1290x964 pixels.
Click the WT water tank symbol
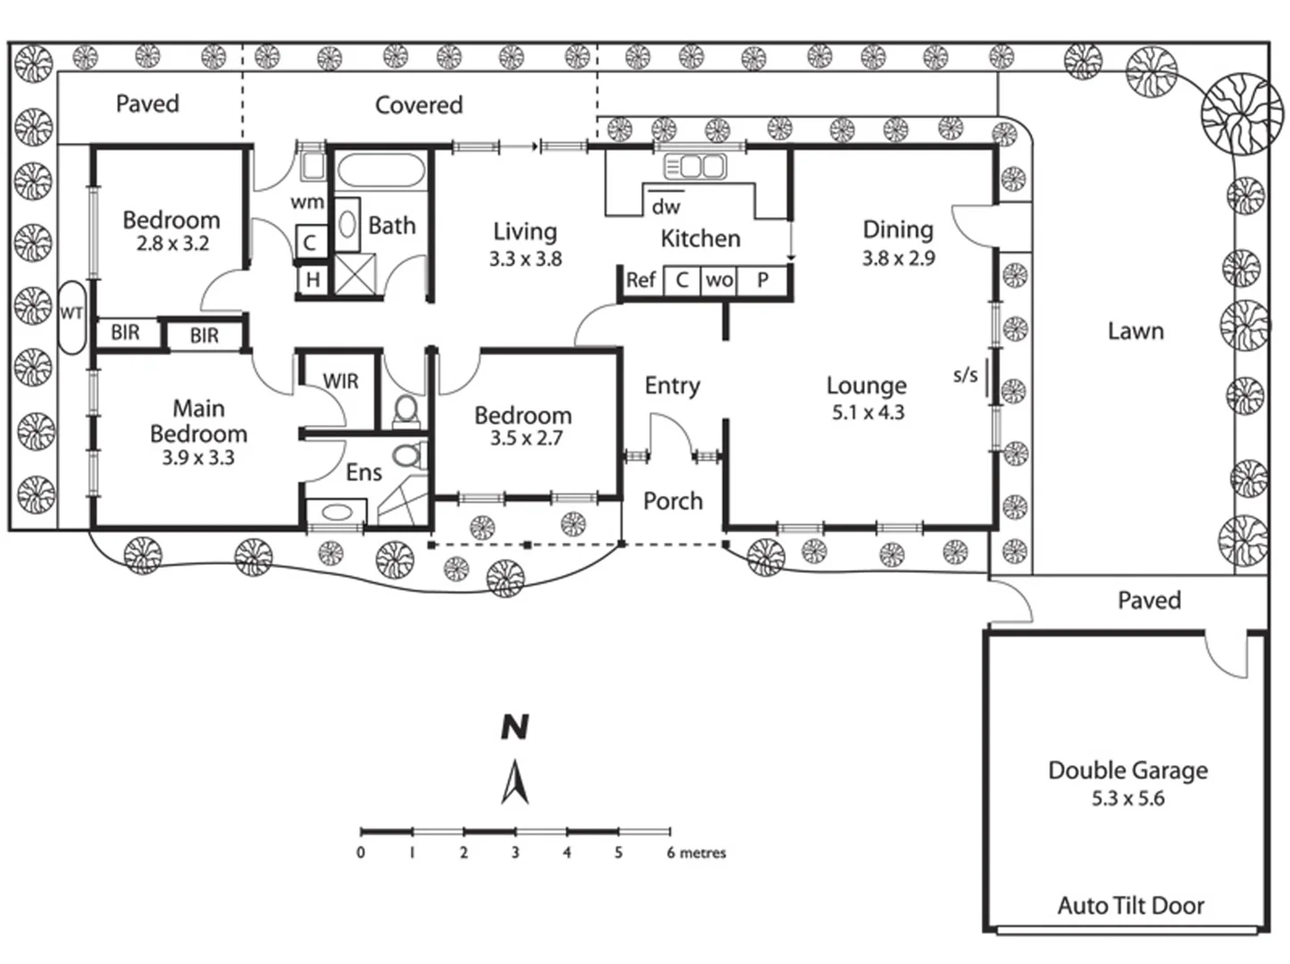pos(72,317)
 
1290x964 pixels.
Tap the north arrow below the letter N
pos(515,781)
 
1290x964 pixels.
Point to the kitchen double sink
pos(695,167)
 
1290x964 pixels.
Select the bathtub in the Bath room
pos(381,170)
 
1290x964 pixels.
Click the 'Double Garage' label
pos(1128,770)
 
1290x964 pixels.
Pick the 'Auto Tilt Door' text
pos(1131,907)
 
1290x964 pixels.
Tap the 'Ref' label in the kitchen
pos(641,280)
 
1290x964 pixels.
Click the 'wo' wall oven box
pos(719,280)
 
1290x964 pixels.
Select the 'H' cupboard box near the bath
pos(312,279)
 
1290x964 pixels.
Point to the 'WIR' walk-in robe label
pos(340,381)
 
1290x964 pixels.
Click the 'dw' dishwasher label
pos(666,207)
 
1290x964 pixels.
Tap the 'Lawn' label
pos(1136,331)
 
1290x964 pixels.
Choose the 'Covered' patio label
pos(419,105)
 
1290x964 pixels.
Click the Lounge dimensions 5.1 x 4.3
pos(868,412)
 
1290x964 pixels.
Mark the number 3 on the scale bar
pos(515,852)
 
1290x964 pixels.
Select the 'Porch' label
pos(673,501)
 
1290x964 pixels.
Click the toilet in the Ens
pos(409,456)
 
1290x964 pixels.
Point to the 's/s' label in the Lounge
pos(965,376)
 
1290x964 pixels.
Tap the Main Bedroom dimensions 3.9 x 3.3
pos(198,458)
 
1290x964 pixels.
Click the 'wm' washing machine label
pos(307,202)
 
